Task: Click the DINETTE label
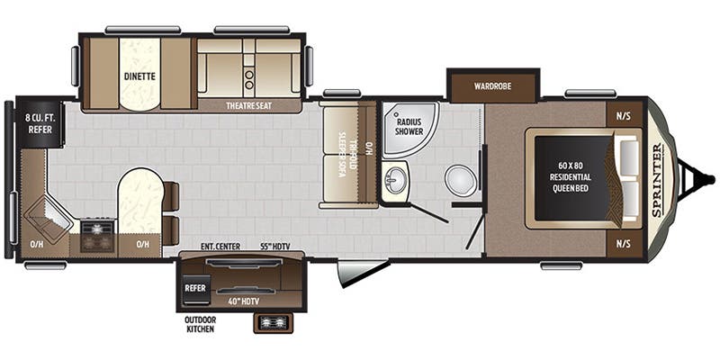click(x=139, y=76)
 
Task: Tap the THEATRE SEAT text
click(x=249, y=105)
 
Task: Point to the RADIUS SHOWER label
click(x=409, y=125)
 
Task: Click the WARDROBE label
click(x=493, y=86)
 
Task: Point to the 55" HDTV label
click(x=274, y=247)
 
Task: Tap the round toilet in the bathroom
click(x=459, y=179)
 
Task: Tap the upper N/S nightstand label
click(x=624, y=115)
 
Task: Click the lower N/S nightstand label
click(x=624, y=243)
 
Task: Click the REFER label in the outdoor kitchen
click(x=195, y=288)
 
